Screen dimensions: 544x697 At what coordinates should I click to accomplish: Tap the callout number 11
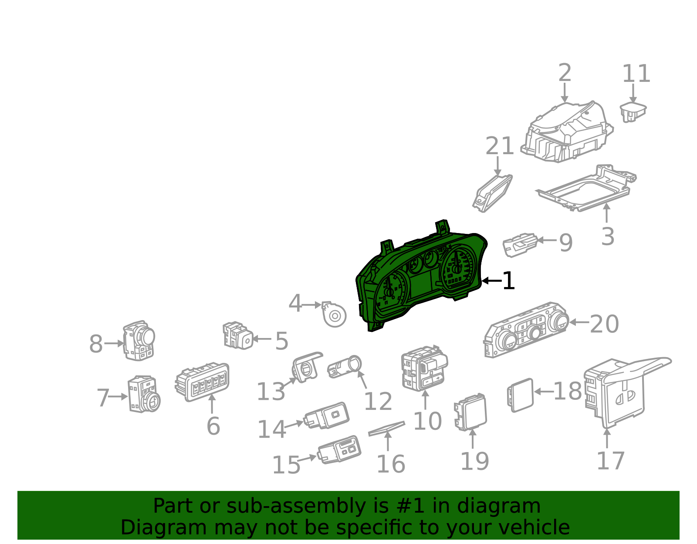pyautogui.click(x=636, y=74)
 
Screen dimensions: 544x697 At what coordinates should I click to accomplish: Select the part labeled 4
pyautogui.click(x=335, y=314)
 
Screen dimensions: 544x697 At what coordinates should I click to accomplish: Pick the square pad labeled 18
pyautogui.click(x=521, y=395)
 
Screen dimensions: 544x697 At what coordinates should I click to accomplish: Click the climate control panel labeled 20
pyautogui.click(x=526, y=329)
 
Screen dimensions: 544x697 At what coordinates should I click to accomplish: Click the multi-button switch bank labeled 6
pyautogui.click(x=203, y=382)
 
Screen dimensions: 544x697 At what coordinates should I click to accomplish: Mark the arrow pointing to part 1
pyautogui.click(x=491, y=281)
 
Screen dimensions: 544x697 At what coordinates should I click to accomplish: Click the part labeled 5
pyautogui.click(x=238, y=335)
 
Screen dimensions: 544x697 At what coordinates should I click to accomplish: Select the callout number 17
pyautogui.click(x=610, y=460)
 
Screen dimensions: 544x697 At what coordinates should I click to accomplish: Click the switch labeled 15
pyautogui.click(x=340, y=449)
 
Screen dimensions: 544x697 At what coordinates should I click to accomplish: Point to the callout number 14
pyautogui.click(x=271, y=429)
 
